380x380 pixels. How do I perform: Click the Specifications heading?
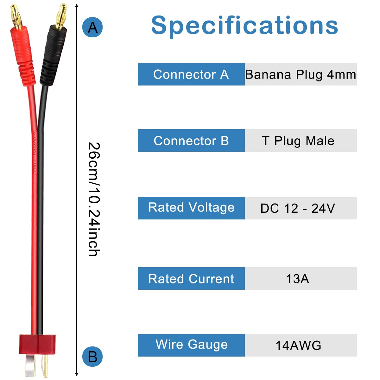pyautogui.click(x=244, y=25)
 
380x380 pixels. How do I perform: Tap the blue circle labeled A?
pyautogui.click(x=92, y=28)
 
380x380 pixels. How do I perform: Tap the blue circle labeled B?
pyautogui.click(x=92, y=357)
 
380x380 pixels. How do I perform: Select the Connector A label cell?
pyautogui.click(x=191, y=74)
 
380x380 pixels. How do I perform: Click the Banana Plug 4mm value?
pyautogui.click(x=301, y=74)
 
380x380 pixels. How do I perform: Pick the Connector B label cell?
pyautogui.click(x=191, y=141)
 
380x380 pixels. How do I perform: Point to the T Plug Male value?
pyautogui.click(x=298, y=141)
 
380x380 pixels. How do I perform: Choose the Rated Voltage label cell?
pyautogui.click(x=191, y=208)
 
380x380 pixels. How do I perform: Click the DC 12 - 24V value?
pyautogui.click(x=298, y=208)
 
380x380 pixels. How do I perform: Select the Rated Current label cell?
pyautogui.click(x=191, y=279)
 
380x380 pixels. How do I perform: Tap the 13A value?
pyautogui.click(x=298, y=279)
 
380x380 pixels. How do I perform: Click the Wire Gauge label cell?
pyautogui.click(x=191, y=345)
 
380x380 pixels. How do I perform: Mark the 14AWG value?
pyautogui.click(x=298, y=345)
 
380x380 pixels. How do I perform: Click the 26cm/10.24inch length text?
pyautogui.click(x=94, y=199)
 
